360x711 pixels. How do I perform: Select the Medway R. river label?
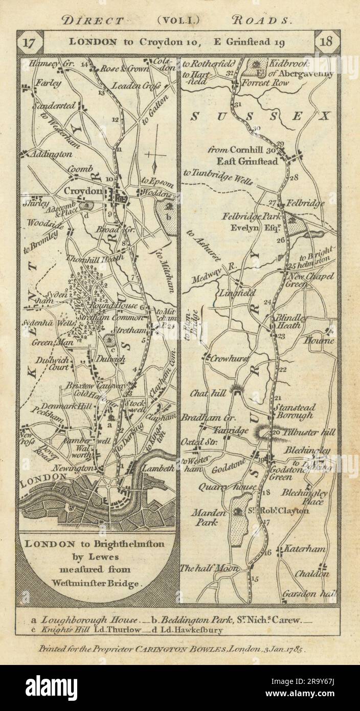[x=205, y=281]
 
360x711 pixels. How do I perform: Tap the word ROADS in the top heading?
[x=262, y=20]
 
